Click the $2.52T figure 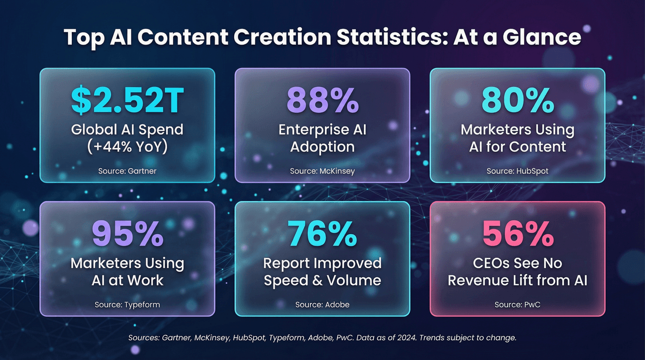pyautogui.click(x=127, y=101)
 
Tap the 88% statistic pyautogui.click(x=322, y=101)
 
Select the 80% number pyautogui.click(x=518, y=101)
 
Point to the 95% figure pyautogui.click(x=127, y=234)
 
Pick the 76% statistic pyautogui.click(x=322, y=234)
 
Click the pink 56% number pyautogui.click(x=518, y=234)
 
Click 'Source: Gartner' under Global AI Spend pyautogui.click(x=127, y=171)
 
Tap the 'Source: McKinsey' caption pyautogui.click(x=322, y=171)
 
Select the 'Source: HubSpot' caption pyautogui.click(x=518, y=171)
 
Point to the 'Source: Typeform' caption pyautogui.click(x=127, y=304)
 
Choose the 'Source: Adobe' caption pyautogui.click(x=322, y=304)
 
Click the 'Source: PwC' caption pyautogui.click(x=518, y=304)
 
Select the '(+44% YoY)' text pyautogui.click(x=127, y=147)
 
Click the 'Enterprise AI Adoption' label pyautogui.click(x=322, y=138)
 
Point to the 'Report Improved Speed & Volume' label pyautogui.click(x=322, y=271)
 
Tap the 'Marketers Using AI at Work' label pyautogui.click(x=127, y=271)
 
